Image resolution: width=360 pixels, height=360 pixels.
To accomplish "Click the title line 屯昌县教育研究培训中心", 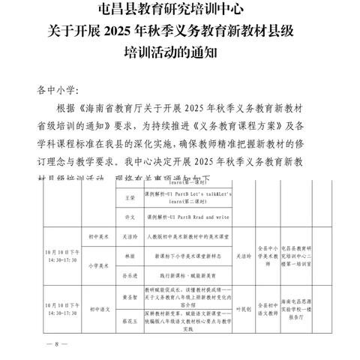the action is coord(180,10).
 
